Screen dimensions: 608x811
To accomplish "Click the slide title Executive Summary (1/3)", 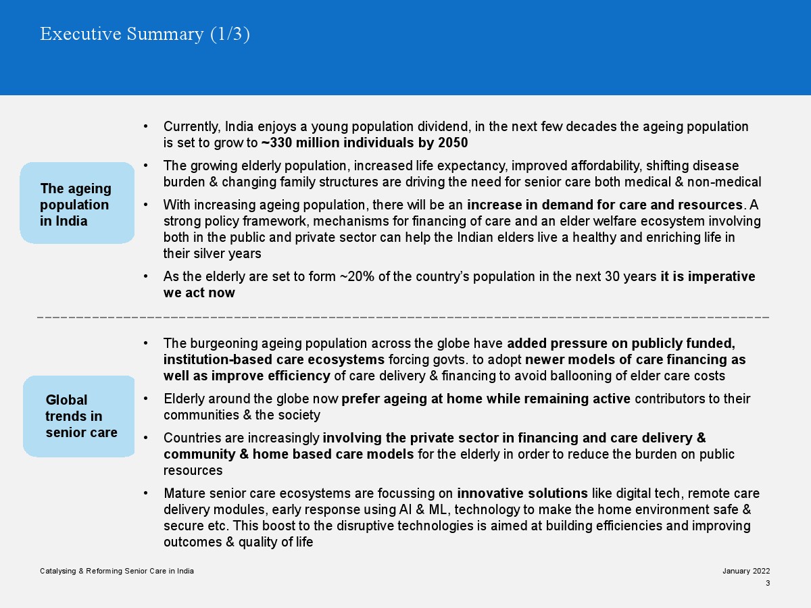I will (145, 34).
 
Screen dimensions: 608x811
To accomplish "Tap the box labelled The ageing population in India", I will (77, 203).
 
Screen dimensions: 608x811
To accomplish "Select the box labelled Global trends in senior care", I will (80, 415).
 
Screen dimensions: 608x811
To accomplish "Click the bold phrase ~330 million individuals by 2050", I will (364, 143).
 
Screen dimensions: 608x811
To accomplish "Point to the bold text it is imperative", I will (708, 276).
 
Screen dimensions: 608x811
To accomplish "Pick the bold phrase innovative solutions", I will (513, 493).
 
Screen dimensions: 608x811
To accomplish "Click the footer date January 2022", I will (745, 571).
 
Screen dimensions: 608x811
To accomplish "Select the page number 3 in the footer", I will (768, 583).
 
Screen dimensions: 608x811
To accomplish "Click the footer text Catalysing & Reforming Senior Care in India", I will (117, 571).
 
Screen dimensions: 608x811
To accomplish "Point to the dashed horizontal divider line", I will (403, 316).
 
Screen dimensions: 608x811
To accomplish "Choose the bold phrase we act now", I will (199, 293).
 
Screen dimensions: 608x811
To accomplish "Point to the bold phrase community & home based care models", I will (289, 454).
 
